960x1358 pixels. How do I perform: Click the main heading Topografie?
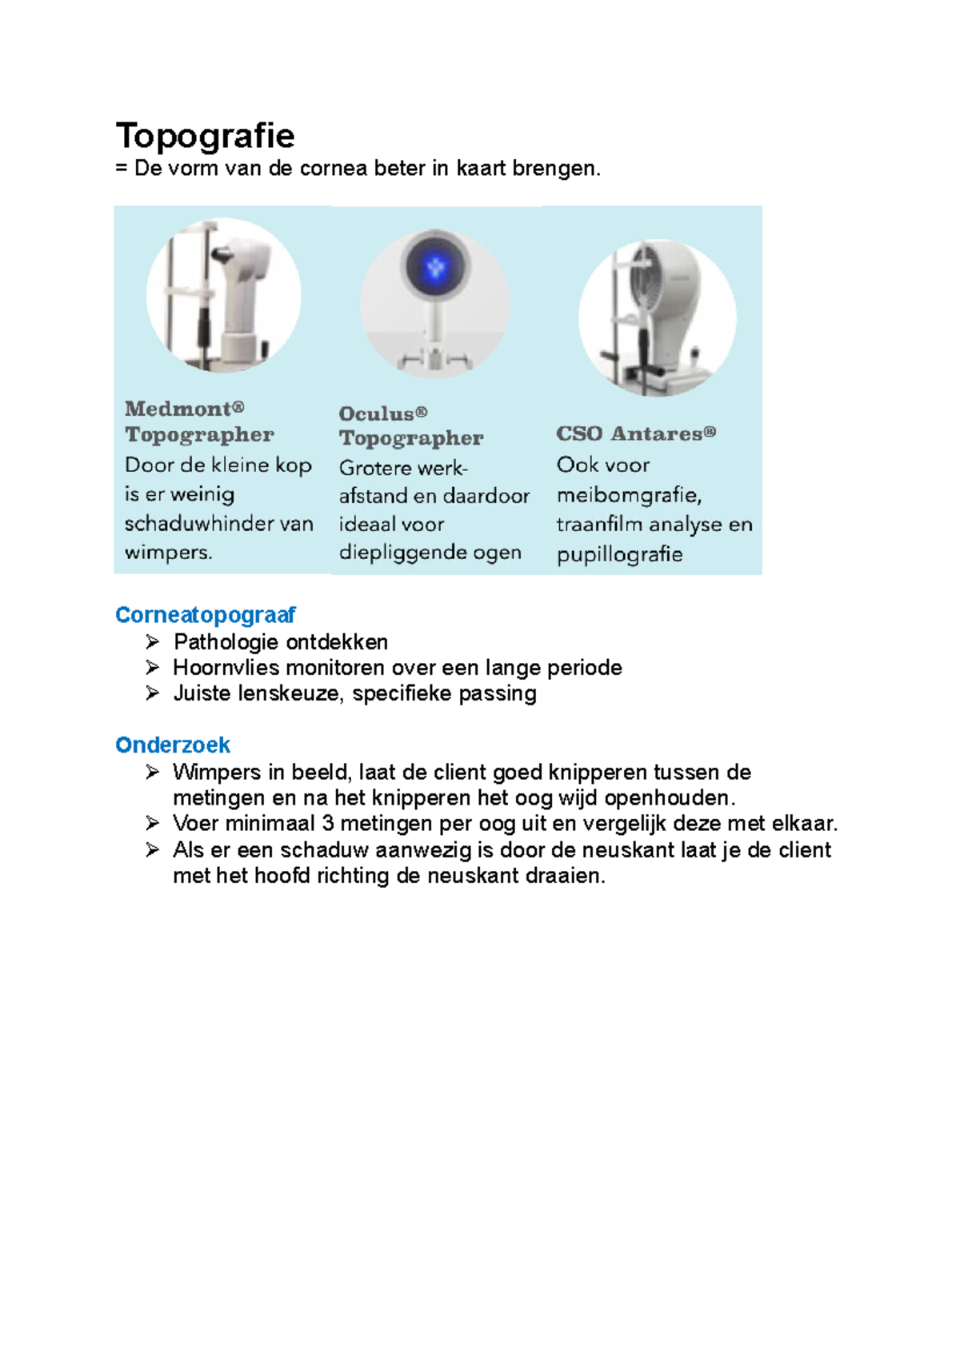point(205,136)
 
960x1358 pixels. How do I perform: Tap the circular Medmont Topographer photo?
point(223,294)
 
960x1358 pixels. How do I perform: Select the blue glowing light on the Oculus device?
point(435,266)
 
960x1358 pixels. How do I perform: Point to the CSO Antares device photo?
point(657,317)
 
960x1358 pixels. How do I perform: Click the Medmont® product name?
point(184,409)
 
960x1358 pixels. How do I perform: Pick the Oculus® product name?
point(382,413)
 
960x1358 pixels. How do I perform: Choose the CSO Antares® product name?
point(636,433)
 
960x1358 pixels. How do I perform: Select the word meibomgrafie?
point(629,496)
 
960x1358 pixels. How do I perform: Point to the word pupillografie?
point(619,554)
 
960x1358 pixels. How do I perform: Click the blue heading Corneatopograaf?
point(205,615)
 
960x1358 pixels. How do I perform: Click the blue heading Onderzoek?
point(173,745)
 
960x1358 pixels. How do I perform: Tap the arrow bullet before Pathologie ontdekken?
point(153,641)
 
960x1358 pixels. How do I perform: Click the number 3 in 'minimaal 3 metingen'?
point(327,824)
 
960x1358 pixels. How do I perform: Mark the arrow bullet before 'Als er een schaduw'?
point(153,849)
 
